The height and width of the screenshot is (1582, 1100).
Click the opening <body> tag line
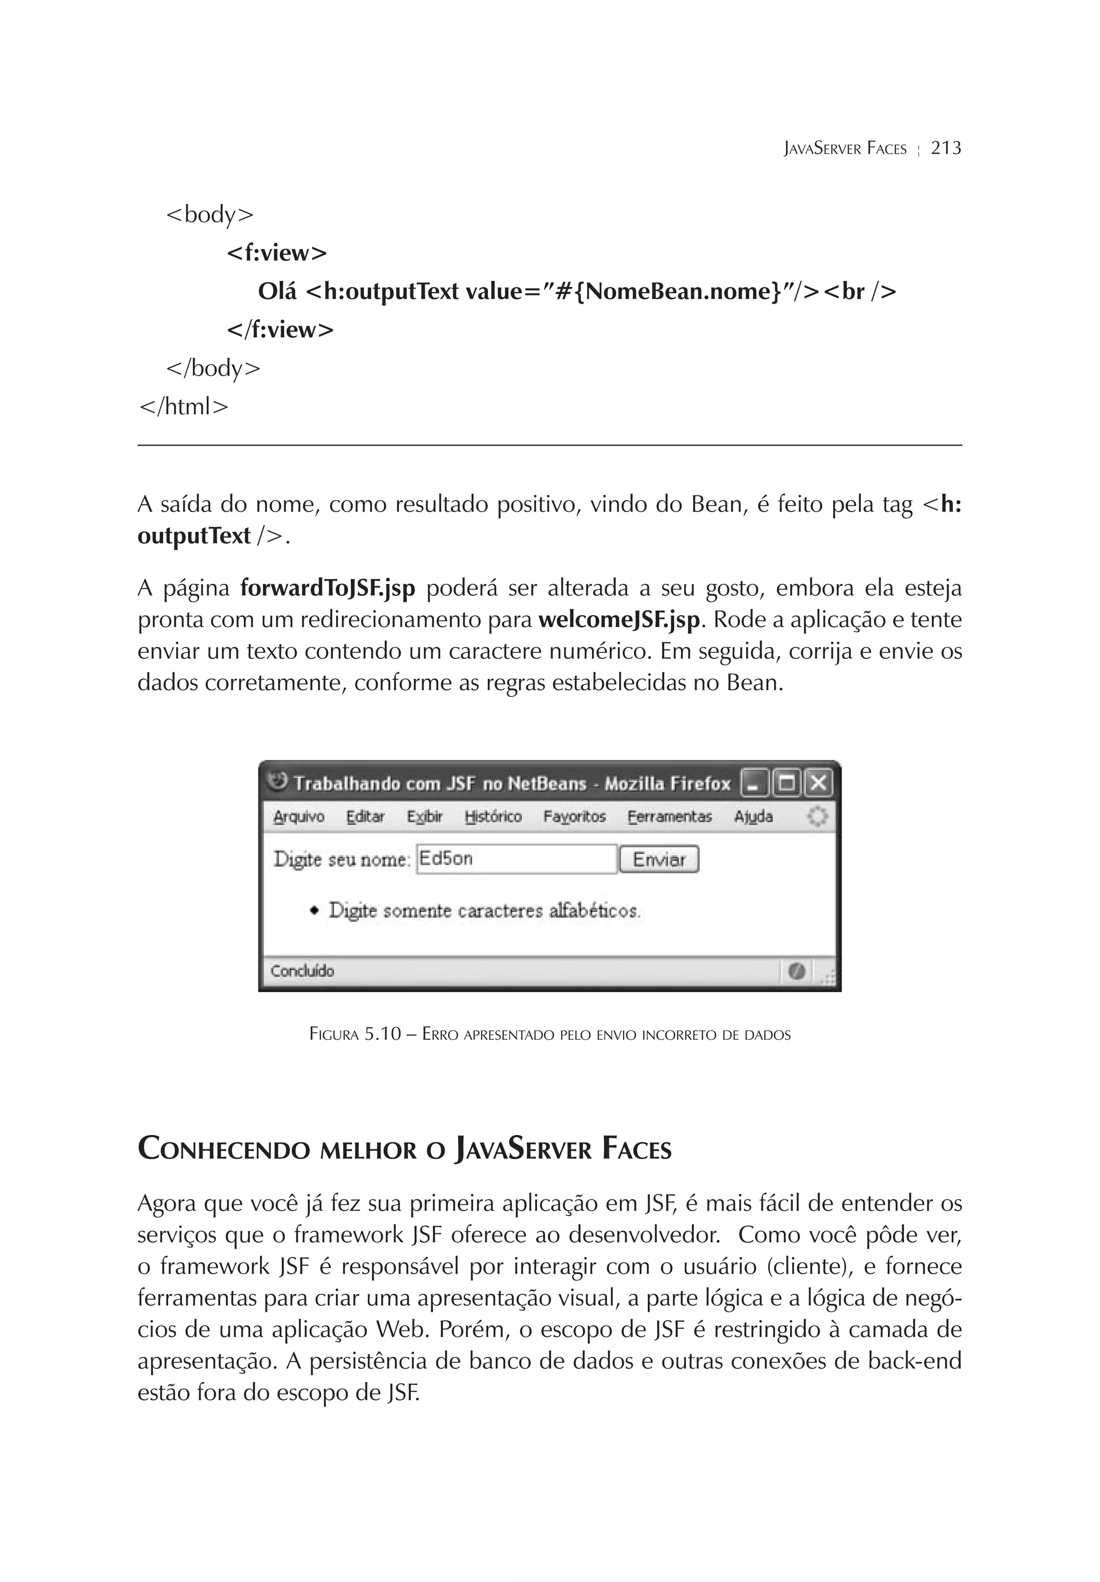(209, 215)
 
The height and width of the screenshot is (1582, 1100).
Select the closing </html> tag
(183, 407)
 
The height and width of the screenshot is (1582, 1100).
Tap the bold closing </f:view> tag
(280, 330)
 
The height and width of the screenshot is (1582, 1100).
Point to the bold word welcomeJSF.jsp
(619, 620)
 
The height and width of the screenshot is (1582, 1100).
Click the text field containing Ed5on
(516, 859)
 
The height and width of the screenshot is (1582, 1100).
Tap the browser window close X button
(817, 783)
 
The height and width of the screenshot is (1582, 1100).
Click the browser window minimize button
(754, 783)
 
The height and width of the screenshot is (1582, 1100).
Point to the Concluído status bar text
(302, 972)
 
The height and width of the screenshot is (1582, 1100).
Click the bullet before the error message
(315, 910)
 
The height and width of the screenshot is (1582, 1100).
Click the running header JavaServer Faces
(844, 149)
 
